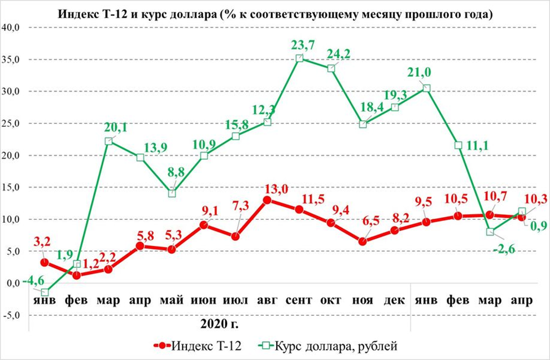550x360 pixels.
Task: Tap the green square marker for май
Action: [x=172, y=193]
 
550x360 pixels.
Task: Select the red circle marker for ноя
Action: [x=363, y=241]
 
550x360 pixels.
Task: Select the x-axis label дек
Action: [x=395, y=300]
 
